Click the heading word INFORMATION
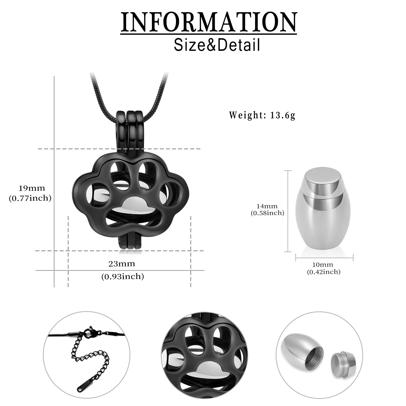click(x=209, y=22)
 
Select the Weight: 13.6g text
click(x=262, y=115)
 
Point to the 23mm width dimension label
click(x=122, y=264)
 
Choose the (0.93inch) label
click(x=123, y=276)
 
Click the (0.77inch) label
click(x=30, y=198)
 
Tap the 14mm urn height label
click(x=268, y=206)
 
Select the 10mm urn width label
click(x=323, y=265)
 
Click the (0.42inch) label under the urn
click(x=324, y=272)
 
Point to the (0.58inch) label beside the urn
click(x=268, y=213)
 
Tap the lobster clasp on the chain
click(x=89, y=333)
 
